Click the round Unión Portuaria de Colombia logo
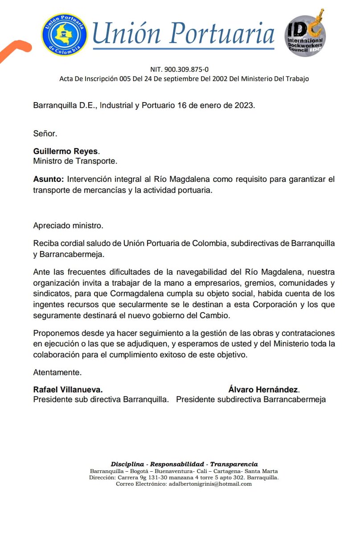[65, 35]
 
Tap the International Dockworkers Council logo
[306, 35]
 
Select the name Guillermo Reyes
[65, 152]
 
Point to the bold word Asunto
[49, 179]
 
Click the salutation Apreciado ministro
[68, 226]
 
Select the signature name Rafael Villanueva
[68, 389]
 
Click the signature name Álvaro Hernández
[264, 389]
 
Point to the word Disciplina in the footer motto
[127, 464]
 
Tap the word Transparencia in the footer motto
[234, 464]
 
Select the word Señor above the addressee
[45, 133]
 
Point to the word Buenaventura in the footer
[173, 471]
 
